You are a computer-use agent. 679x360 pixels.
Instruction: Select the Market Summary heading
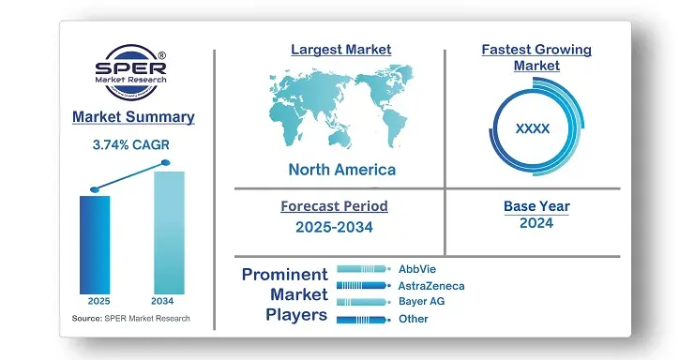point(133,117)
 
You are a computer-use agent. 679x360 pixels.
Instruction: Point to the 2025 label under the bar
point(98,301)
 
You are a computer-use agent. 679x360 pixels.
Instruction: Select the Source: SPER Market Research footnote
point(130,319)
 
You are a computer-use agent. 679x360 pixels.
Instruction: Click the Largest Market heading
point(341,49)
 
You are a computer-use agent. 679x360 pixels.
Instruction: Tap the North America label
point(341,170)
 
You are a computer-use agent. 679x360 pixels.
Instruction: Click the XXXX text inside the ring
point(533,128)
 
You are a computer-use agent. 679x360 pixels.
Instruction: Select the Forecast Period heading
point(334,206)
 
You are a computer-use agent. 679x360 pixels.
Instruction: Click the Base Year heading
point(536,206)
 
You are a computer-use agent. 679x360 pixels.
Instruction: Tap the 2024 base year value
point(536,223)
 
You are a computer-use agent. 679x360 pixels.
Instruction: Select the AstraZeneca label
point(430,285)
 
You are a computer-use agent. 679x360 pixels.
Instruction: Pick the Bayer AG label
point(421,302)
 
